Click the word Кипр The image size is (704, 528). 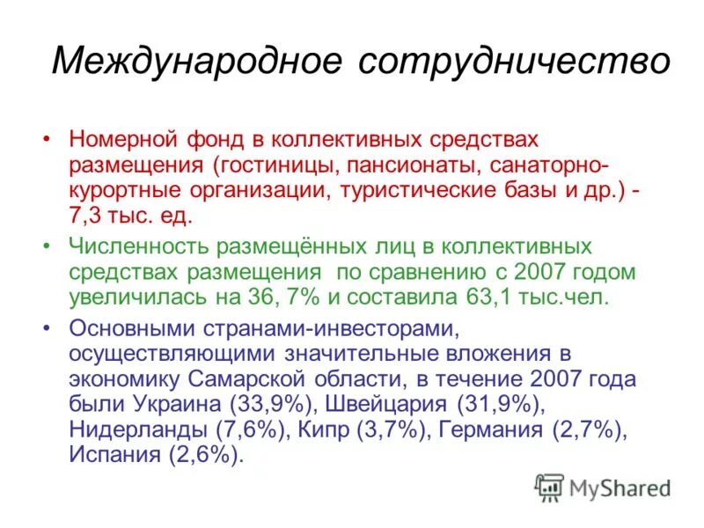(326, 430)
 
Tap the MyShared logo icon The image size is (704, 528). (548, 487)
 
